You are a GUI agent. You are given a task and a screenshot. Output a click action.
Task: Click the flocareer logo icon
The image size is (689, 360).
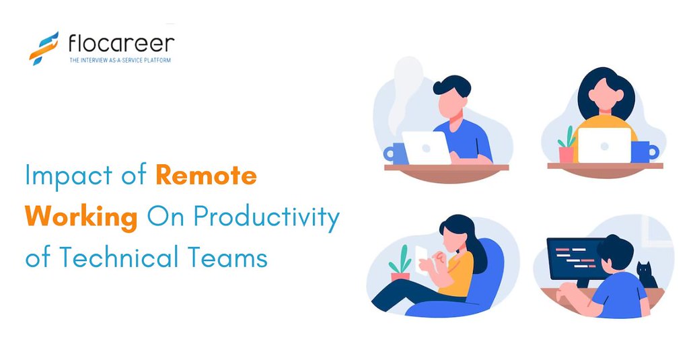tap(44, 47)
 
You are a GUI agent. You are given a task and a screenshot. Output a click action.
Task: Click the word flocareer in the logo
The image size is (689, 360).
tap(121, 44)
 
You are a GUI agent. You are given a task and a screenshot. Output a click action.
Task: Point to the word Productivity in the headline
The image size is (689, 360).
tap(266, 218)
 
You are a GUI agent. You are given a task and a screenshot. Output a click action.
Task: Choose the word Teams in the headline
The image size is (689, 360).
tap(232, 258)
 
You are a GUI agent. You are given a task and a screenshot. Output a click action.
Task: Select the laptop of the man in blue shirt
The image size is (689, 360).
tap(425, 147)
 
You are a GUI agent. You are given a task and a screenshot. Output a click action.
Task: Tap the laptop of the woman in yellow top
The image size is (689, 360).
tap(604, 145)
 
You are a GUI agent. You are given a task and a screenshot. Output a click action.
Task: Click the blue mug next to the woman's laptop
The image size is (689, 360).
tap(645, 151)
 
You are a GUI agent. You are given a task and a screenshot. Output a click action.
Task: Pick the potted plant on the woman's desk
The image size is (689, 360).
tap(567, 145)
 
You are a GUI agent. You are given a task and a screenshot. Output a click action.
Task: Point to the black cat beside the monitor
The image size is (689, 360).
tap(647, 275)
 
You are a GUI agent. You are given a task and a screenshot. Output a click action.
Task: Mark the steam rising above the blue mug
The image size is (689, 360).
tap(406, 94)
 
